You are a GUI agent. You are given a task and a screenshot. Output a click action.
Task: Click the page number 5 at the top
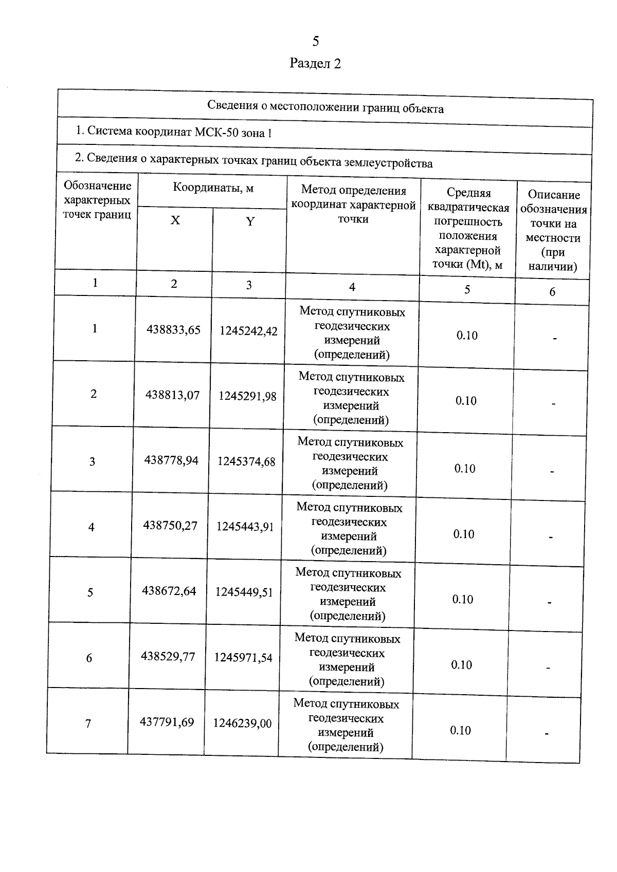point(315,41)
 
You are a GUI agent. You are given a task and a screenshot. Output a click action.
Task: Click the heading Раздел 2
point(315,63)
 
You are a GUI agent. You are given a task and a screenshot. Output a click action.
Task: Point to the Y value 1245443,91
point(245,527)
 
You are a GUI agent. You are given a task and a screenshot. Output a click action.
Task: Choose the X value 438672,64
point(169,591)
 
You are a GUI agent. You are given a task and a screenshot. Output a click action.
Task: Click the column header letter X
point(175,220)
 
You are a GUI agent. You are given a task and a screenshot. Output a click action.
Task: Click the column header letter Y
point(250,221)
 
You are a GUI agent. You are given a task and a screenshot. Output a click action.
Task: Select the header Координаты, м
point(213,188)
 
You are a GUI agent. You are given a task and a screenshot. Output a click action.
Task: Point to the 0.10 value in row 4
point(464,534)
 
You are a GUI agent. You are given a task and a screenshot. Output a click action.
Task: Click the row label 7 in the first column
point(88,723)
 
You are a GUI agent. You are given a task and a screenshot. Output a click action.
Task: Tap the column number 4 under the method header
point(352,287)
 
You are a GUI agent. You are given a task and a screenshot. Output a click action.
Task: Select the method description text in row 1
point(352,333)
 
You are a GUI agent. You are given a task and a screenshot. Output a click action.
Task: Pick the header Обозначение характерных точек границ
point(97,200)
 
